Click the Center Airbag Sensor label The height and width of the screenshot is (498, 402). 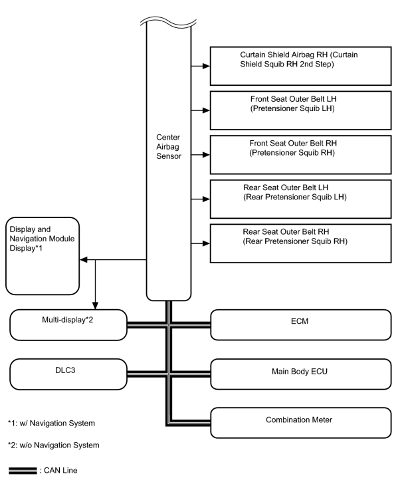[x=169, y=146]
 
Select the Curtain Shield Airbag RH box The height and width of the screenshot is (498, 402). [x=300, y=66]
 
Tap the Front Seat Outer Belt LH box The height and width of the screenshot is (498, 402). [x=300, y=110]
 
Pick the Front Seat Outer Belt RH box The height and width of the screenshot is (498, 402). [x=300, y=155]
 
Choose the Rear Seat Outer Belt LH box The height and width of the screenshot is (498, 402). [x=300, y=199]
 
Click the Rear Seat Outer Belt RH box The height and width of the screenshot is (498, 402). [x=300, y=243]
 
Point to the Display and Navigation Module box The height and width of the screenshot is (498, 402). [x=43, y=256]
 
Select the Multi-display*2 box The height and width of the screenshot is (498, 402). [x=68, y=325]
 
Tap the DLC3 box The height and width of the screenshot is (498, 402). [x=68, y=374]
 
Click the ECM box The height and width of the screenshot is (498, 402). [x=301, y=325]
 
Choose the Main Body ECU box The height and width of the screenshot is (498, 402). [x=301, y=374]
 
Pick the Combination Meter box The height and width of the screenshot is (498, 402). [x=301, y=423]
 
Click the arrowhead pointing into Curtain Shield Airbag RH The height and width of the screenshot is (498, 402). [x=206, y=66]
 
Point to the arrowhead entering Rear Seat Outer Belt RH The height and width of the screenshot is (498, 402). [x=206, y=243]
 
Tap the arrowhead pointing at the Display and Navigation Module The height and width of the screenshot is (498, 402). [x=83, y=260]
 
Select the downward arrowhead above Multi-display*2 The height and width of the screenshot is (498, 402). [x=95, y=306]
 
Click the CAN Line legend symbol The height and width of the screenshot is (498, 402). [x=23, y=471]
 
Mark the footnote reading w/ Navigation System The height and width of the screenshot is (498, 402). [x=51, y=424]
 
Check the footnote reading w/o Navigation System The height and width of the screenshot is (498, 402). [x=54, y=445]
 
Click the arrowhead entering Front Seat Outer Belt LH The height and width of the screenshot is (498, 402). [x=206, y=110]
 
